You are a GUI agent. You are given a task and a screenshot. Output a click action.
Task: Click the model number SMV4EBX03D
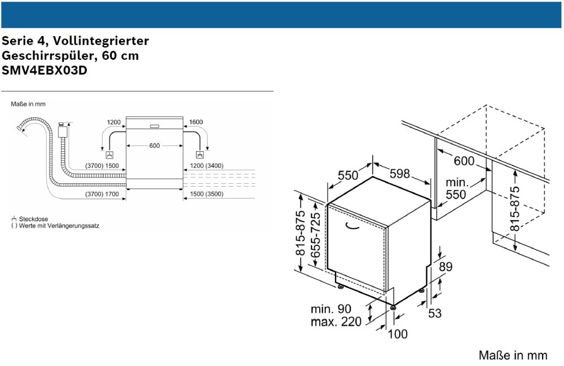(45, 71)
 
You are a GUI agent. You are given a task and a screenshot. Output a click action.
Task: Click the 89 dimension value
(446, 267)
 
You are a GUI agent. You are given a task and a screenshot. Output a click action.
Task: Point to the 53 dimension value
(434, 312)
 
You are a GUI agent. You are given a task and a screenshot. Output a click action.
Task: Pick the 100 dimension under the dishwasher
(398, 334)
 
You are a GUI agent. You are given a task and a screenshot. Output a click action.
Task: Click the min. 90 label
(331, 309)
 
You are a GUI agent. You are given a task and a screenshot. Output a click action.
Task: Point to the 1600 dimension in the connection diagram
(196, 122)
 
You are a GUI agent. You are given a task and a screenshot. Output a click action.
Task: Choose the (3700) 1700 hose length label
(102, 194)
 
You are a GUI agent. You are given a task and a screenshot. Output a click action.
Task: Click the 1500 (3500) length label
(207, 194)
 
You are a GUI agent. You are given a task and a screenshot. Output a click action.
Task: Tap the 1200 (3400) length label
(207, 166)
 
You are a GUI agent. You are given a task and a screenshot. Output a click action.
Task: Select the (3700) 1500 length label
(102, 166)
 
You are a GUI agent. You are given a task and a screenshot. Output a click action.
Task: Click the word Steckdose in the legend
(34, 218)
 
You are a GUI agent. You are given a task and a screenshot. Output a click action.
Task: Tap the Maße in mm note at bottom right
(513, 355)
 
